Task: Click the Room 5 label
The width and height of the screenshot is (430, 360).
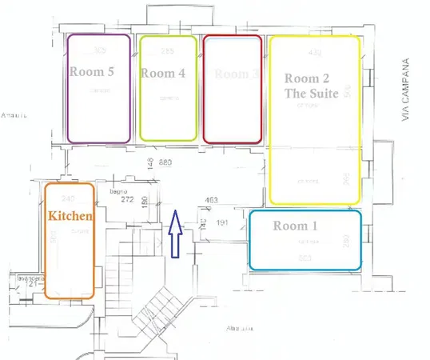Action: (92, 71)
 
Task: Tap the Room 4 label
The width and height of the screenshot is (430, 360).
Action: (163, 73)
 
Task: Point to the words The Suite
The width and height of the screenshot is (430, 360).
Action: (313, 94)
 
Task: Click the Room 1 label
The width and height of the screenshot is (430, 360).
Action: (296, 226)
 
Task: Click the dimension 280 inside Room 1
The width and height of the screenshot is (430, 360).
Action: (344, 240)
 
